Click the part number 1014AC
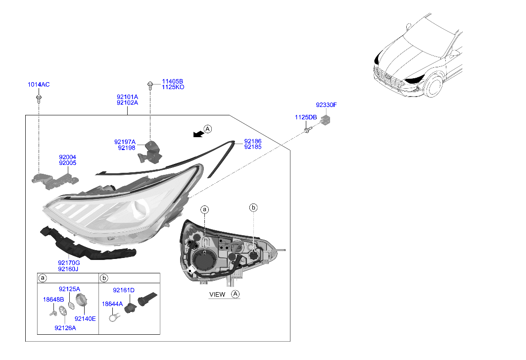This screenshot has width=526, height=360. pyautogui.click(x=39, y=85)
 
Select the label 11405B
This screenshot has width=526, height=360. pyautogui.click(x=172, y=82)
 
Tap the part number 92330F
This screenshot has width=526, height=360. pyautogui.click(x=326, y=105)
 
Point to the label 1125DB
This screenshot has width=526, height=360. pyautogui.click(x=306, y=117)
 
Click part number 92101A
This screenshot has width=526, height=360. pyautogui.click(x=127, y=97)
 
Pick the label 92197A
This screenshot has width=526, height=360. pyautogui.click(x=125, y=142)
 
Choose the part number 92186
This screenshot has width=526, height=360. pyautogui.click(x=252, y=142)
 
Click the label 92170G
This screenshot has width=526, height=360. pyautogui.click(x=69, y=263)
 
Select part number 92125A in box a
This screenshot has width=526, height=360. pyautogui.click(x=69, y=289)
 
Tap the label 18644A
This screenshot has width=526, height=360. pyautogui.click(x=112, y=304)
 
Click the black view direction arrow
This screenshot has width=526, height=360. pyautogui.click(x=198, y=134)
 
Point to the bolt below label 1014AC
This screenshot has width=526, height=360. pyautogui.click(x=39, y=98)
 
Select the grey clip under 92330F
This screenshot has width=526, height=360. pyautogui.click(x=325, y=119)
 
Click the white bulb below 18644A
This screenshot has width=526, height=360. pyautogui.click(x=114, y=316)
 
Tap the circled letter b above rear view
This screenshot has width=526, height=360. pyautogui.click(x=253, y=208)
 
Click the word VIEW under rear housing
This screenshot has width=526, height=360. pyautogui.click(x=217, y=295)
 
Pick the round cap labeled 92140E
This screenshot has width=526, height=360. pyautogui.click(x=81, y=300)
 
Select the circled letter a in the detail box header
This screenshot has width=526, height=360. pyautogui.click(x=43, y=278)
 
